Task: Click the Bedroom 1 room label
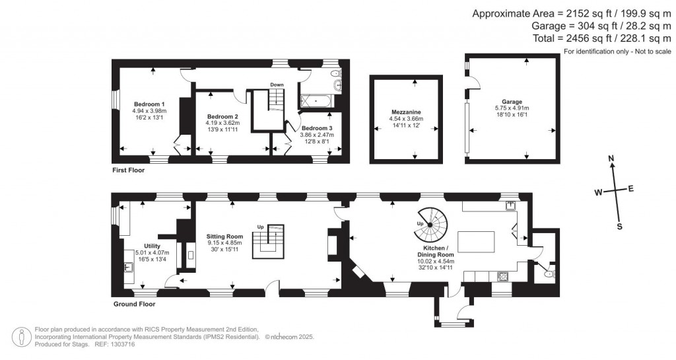click(149, 104)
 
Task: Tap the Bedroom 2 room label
click(222, 116)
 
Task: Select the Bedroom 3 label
click(318, 127)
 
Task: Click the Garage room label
click(512, 102)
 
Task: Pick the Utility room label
click(152, 246)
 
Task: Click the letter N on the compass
click(611, 159)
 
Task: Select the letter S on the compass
click(619, 226)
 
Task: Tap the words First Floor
click(128, 170)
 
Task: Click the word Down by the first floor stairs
click(277, 85)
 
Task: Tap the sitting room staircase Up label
click(261, 227)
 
